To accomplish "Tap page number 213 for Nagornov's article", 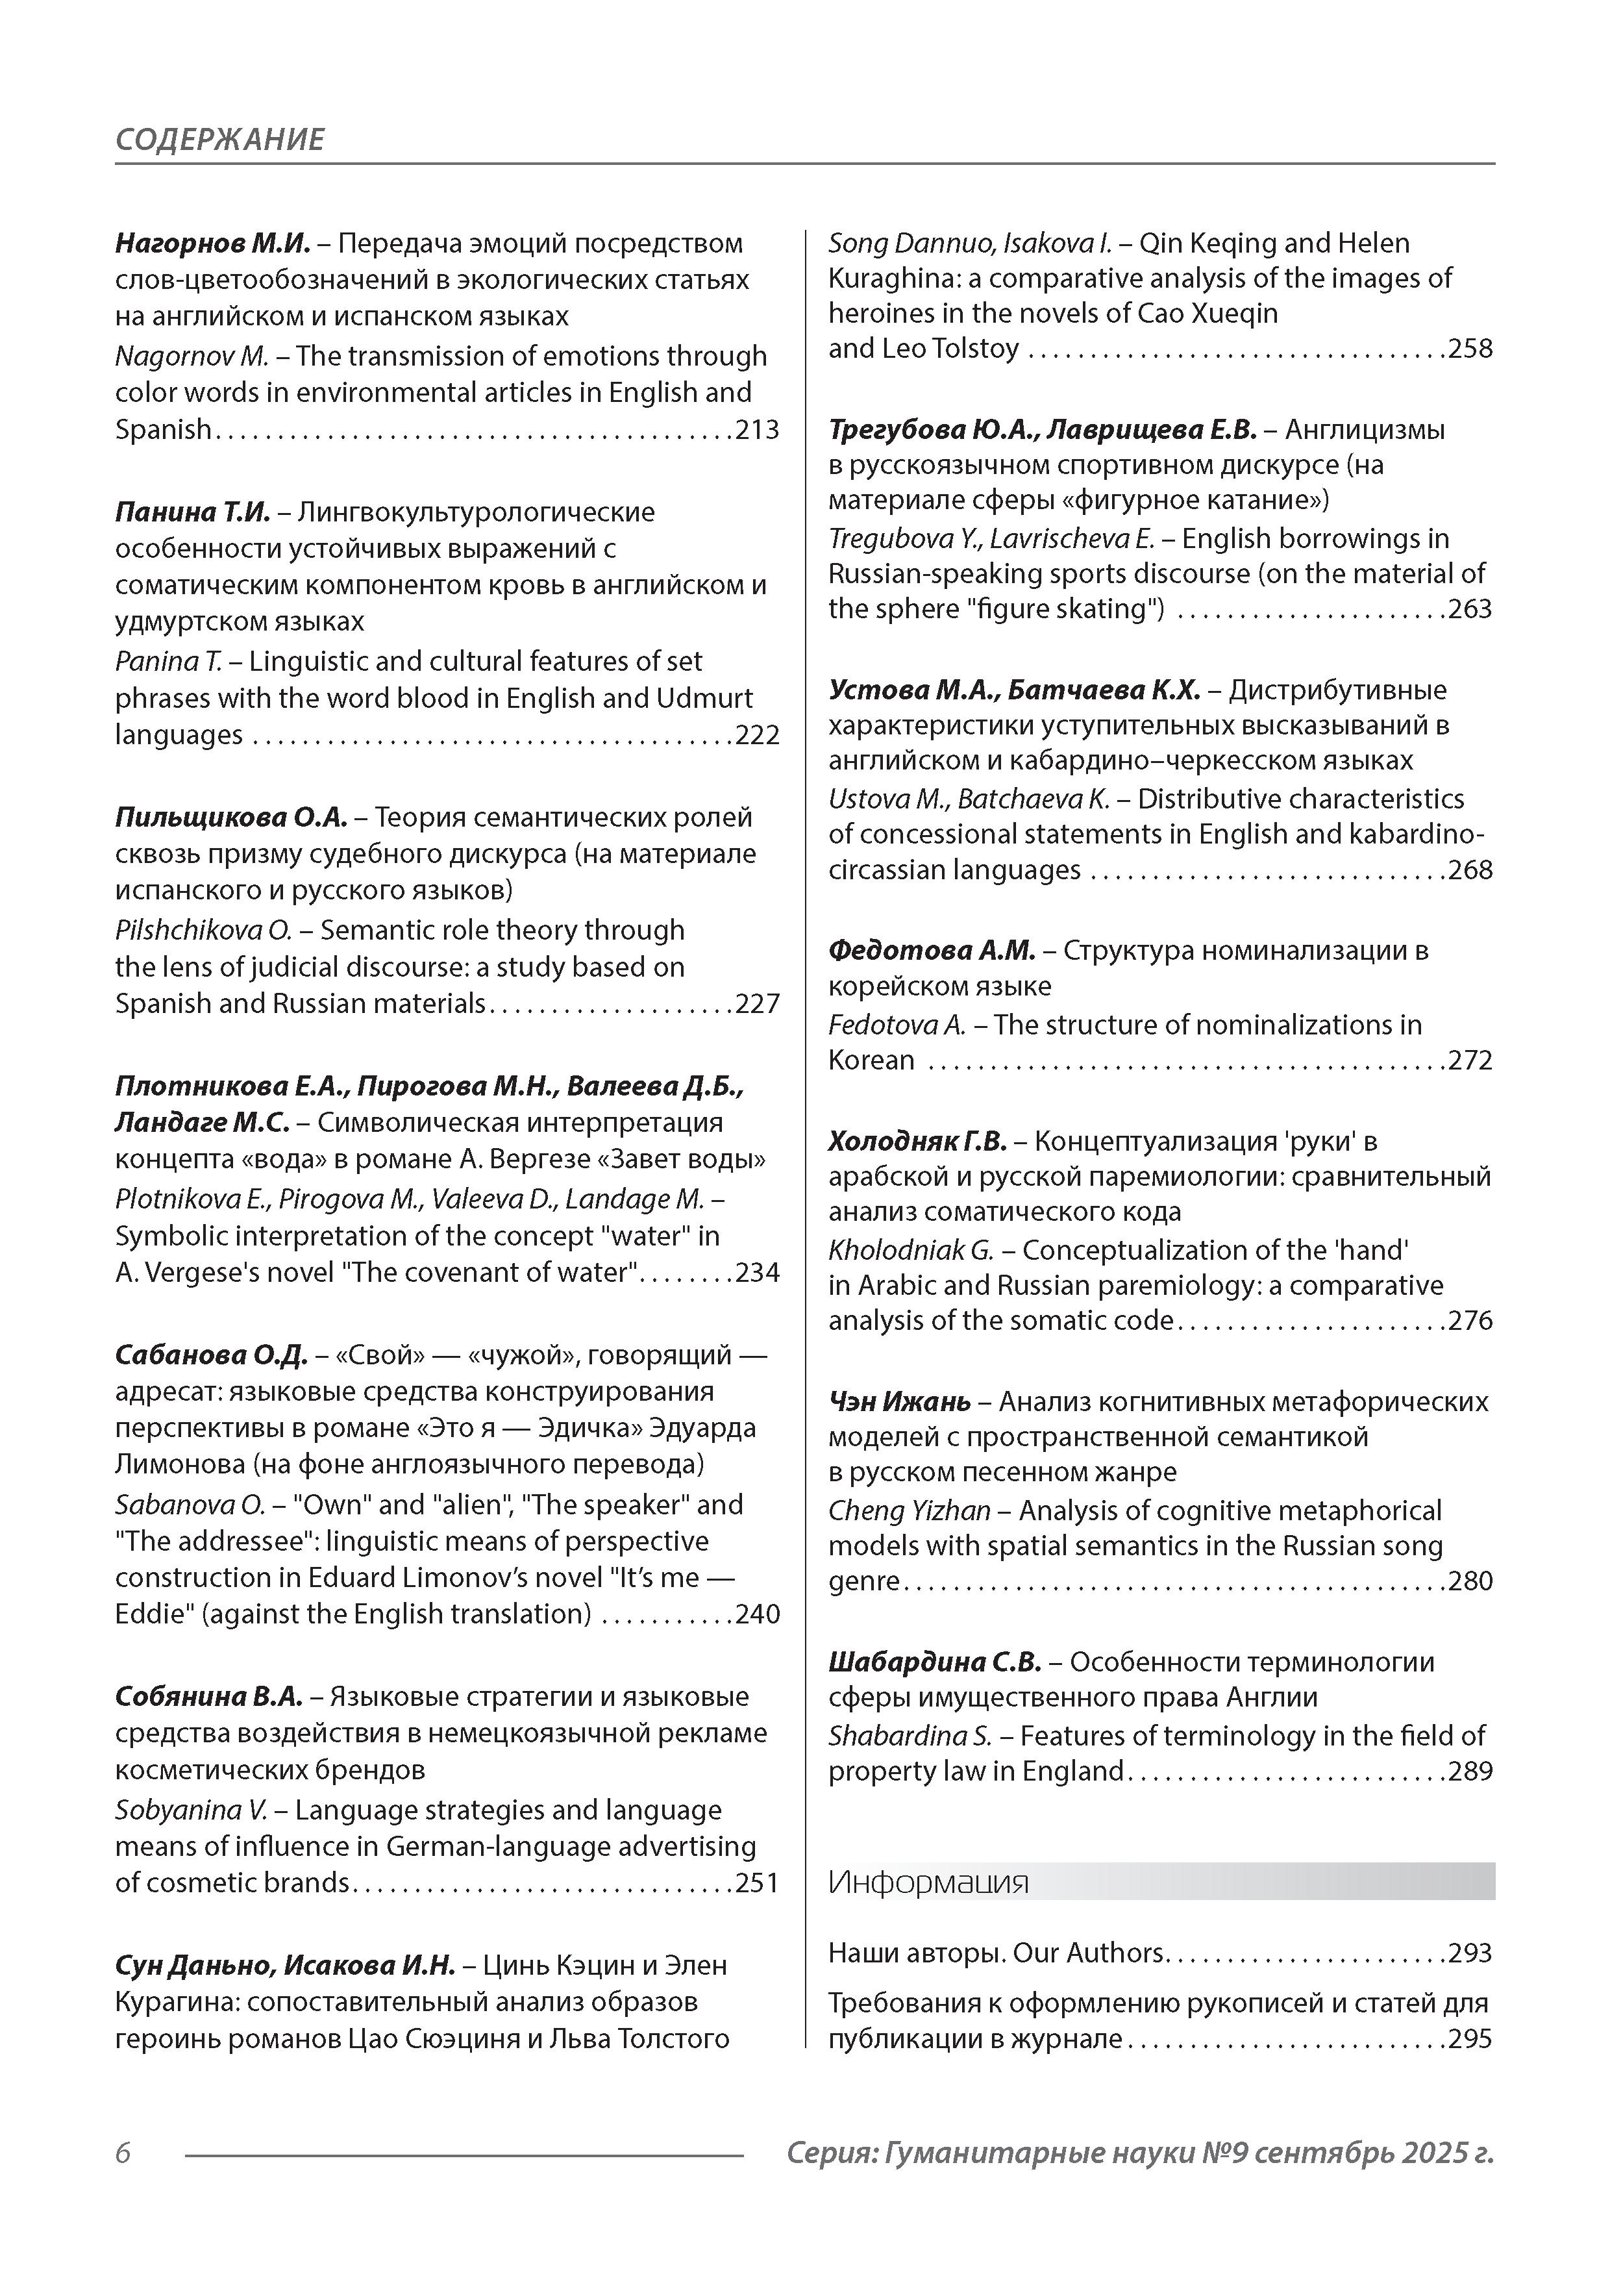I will (757, 430).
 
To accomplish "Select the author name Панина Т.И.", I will (192, 512).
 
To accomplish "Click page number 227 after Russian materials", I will (757, 1003).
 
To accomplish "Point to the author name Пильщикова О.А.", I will (231, 818).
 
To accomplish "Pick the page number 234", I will (757, 1272).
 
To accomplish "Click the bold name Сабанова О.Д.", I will (210, 1355).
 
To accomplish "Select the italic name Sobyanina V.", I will (190, 1810).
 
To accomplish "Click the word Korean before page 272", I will (871, 1060).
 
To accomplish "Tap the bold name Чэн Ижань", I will (898, 1402).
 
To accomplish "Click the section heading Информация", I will (928, 1882).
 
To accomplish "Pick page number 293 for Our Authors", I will (1470, 1953).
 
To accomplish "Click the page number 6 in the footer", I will (123, 2153).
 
